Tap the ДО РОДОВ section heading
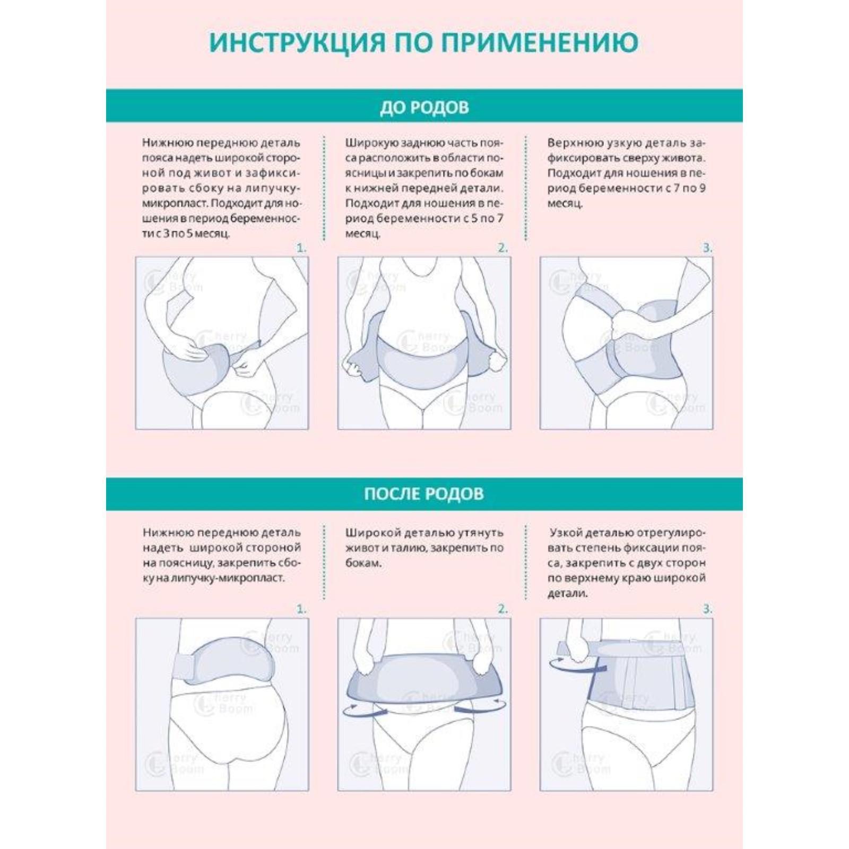(424, 108)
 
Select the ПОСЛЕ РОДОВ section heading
(424, 493)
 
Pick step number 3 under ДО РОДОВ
(707, 248)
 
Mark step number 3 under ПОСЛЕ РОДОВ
(707, 610)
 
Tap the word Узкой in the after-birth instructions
(568, 533)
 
